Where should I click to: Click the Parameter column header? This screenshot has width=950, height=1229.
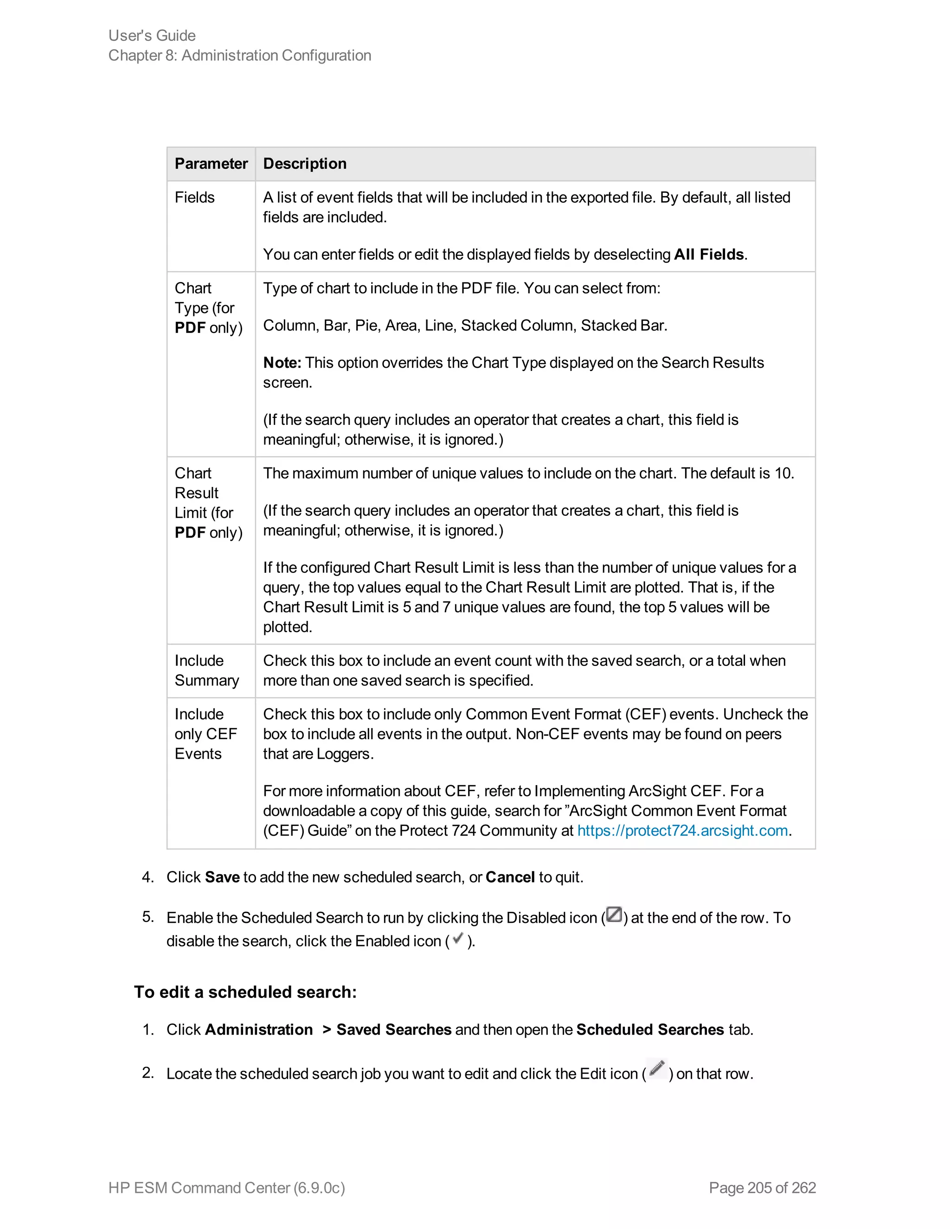211,164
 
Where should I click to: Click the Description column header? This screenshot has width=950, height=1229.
304,164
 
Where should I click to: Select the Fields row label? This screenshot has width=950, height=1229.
195,198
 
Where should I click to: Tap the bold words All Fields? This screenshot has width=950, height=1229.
709,254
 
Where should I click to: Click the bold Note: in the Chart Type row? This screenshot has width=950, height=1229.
282,362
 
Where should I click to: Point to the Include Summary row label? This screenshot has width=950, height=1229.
206,670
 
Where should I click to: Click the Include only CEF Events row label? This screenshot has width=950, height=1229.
205,734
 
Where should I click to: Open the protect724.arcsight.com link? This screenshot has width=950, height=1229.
682,831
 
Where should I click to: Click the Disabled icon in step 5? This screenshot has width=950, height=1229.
614,915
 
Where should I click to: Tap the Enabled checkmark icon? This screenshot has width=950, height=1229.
458,938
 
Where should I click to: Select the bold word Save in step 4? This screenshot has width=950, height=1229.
222,877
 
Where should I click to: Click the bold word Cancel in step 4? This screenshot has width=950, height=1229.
510,877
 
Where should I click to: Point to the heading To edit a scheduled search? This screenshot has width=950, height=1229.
245,992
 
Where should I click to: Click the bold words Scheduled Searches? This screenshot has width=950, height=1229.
650,1030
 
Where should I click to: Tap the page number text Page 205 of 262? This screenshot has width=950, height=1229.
762,1188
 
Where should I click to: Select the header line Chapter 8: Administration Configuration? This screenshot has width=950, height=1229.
240,55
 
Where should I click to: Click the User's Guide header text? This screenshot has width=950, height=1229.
152,35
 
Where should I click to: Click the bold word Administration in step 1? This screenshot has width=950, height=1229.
259,1030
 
